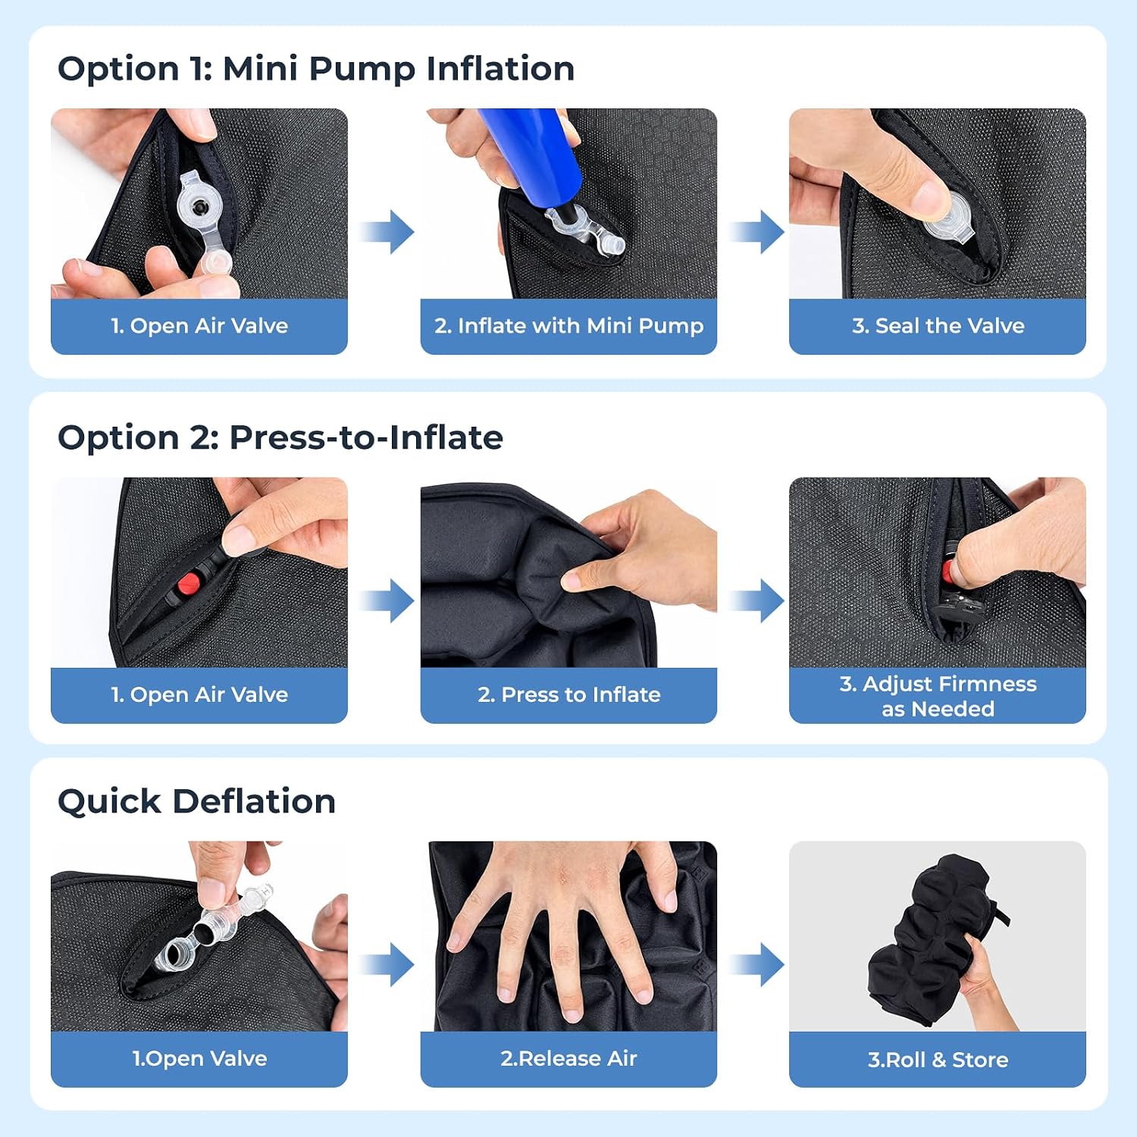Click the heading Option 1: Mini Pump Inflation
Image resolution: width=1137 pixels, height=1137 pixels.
(316, 69)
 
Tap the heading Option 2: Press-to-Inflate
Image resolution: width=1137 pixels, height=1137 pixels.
(280, 437)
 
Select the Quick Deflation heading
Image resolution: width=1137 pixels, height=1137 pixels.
(197, 801)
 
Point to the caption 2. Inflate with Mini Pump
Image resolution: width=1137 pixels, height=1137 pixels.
(568, 326)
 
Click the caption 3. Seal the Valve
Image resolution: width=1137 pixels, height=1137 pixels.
(938, 326)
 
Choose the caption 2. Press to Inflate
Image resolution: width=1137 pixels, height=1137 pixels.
(568, 694)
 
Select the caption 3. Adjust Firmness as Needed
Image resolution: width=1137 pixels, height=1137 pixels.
(938, 696)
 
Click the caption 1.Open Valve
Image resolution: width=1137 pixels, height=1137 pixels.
(199, 1058)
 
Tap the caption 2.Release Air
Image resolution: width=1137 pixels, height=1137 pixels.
(568, 1058)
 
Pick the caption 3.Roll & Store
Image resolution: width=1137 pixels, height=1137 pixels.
(938, 1060)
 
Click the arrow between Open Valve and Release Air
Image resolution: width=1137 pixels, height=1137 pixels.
(386, 965)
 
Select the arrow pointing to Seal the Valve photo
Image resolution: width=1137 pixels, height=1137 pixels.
(756, 232)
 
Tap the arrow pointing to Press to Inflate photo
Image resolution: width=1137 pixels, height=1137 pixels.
(386, 601)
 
